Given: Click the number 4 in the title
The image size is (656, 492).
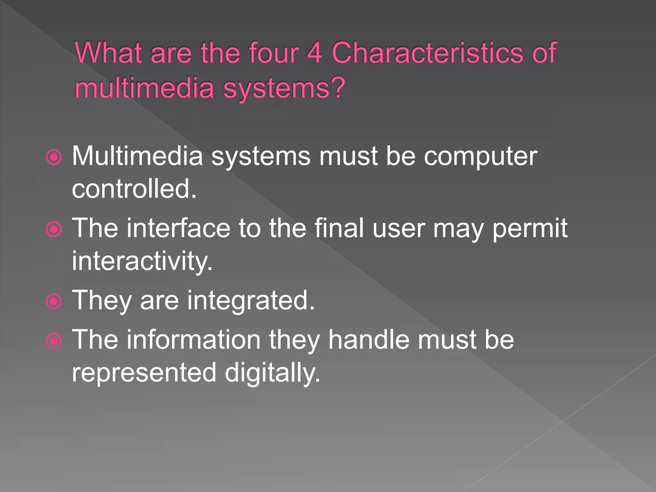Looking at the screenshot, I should click(314, 53).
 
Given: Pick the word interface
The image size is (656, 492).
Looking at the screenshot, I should click(178, 228).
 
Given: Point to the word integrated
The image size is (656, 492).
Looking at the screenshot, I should click(251, 300).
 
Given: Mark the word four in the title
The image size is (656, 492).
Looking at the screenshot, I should click(274, 53).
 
